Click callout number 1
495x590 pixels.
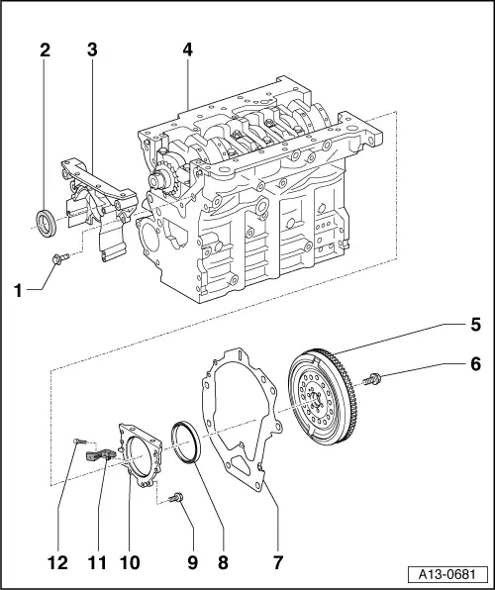tap(17, 290)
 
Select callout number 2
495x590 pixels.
tap(44, 49)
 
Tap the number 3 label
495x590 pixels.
tap(91, 49)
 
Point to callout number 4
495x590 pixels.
tap(187, 49)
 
